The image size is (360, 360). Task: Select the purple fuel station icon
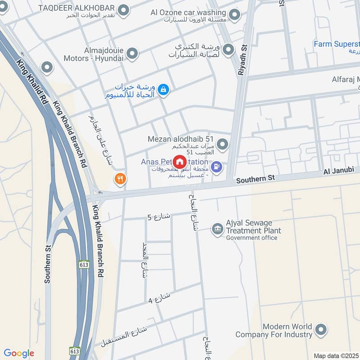[217, 167]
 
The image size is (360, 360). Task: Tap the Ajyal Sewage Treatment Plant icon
[218, 229]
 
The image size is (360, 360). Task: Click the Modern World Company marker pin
[321, 330]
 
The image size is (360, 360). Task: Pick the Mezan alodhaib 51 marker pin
[222, 144]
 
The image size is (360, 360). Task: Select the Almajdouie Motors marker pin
[132, 54]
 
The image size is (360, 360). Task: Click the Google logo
[19, 353]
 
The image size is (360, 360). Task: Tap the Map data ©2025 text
[336, 355]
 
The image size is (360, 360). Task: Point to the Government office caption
[252, 238]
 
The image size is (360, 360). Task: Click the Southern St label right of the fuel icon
[255, 179]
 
